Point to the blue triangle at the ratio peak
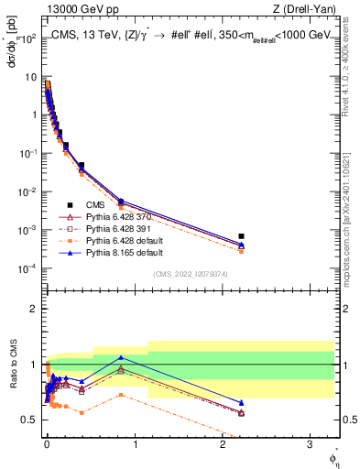point(121,357)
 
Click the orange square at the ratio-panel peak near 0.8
point(121,395)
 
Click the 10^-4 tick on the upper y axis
point(28,268)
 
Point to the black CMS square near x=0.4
point(82,166)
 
